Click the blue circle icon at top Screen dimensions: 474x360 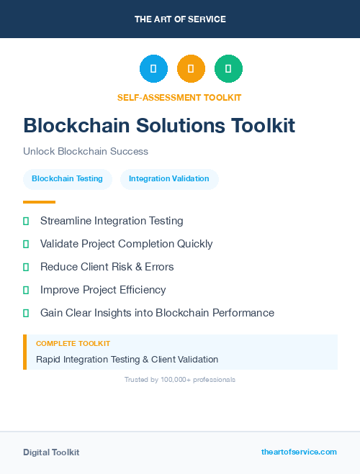tap(153, 68)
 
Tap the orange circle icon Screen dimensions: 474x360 tap(191, 68)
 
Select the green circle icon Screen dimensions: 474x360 tap(228, 68)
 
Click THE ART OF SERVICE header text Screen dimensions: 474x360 tap(180, 19)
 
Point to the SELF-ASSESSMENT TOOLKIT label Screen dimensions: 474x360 tap(179, 97)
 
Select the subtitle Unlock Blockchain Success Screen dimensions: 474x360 tap(86, 152)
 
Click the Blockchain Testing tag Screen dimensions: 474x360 tap(67, 178)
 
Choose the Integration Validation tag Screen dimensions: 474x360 tap(169, 178)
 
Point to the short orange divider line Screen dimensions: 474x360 tap(39, 202)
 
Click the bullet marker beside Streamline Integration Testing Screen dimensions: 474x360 tap(26, 221)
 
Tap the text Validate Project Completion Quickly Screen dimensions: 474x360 tap(126, 244)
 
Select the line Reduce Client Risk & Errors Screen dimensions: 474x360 tap(107, 267)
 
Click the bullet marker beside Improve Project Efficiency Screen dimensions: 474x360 tap(26, 290)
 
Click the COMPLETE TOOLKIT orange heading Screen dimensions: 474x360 tap(73, 344)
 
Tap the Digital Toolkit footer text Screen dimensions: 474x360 tap(51, 452)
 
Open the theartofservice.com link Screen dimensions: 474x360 tap(299, 452)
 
